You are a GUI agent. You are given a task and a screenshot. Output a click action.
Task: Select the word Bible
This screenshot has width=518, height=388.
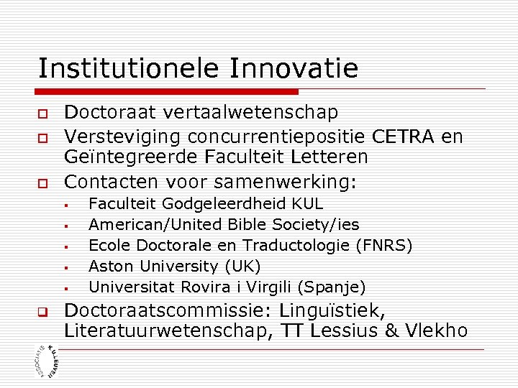pos(244,225)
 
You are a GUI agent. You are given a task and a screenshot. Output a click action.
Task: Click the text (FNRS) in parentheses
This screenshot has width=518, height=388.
pos(384,246)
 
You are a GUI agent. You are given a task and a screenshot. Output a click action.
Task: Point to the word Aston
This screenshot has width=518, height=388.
pos(111,267)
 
